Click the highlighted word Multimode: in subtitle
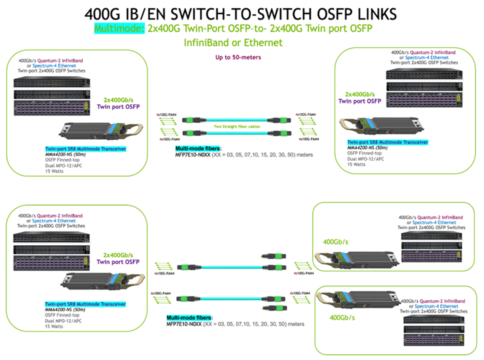click(x=120, y=29)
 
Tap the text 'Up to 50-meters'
click(x=238, y=58)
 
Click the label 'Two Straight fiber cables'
click(x=237, y=127)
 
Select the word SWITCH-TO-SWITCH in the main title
click(x=240, y=14)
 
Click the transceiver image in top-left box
click(x=100, y=131)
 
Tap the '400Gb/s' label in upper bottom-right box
click(x=335, y=242)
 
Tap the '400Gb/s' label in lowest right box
click(x=342, y=318)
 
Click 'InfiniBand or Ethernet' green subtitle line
click(x=233, y=43)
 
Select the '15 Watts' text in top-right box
click(x=356, y=165)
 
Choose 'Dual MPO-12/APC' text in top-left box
click(x=63, y=166)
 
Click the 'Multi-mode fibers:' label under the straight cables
click(x=198, y=149)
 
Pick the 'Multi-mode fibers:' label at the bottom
click(x=189, y=318)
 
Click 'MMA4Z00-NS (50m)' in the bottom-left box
click(x=65, y=310)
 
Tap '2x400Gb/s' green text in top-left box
click(x=118, y=100)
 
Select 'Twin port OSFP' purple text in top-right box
click(x=360, y=101)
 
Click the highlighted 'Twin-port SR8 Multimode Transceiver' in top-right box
click(x=387, y=142)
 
